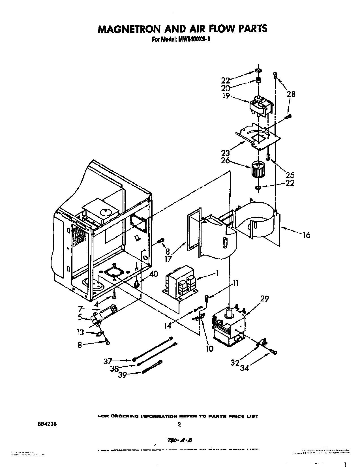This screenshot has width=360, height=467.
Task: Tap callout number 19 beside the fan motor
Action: pyautogui.click(x=226, y=96)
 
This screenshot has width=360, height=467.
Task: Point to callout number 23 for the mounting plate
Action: pyautogui.click(x=226, y=153)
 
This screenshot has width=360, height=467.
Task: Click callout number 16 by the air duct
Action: pyautogui.click(x=306, y=234)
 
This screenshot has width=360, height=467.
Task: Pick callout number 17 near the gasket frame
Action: pyautogui.click(x=168, y=259)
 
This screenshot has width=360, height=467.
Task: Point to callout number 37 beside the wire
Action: pyautogui.click(x=108, y=361)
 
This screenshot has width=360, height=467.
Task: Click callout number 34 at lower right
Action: pyautogui.click(x=244, y=368)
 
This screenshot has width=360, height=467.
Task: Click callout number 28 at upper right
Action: pyautogui.click(x=291, y=94)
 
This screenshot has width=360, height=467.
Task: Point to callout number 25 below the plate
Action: pyautogui.click(x=290, y=175)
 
